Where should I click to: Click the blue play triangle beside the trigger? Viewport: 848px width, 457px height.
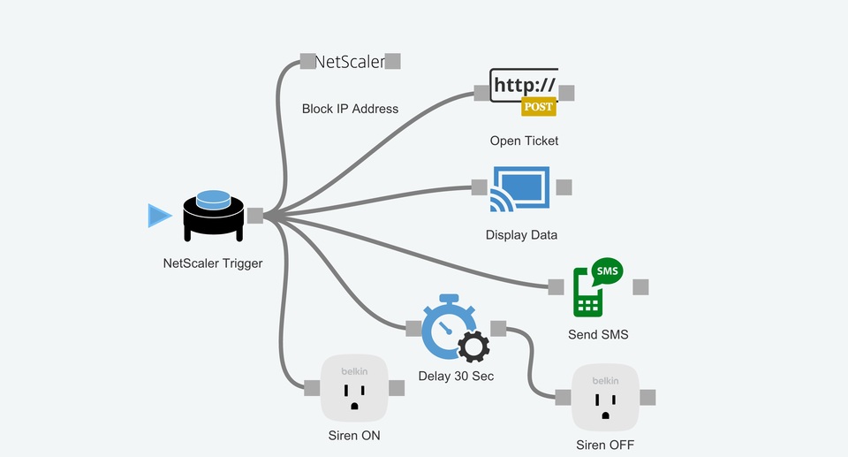[x=159, y=216]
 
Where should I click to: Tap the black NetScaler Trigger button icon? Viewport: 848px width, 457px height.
[x=213, y=215]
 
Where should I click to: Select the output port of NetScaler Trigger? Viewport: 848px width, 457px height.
[x=254, y=215]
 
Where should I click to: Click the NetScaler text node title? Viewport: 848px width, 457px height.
[x=350, y=61]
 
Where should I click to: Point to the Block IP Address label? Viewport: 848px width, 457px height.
[x=350, y=109]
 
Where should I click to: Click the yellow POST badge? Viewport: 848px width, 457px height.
[x=538, y=107]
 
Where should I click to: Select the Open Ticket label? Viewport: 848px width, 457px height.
[x=524, y=141]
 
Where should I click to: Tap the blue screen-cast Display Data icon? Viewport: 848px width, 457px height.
[x=521, y=187]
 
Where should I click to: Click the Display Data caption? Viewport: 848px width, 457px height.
[x=521, y=235]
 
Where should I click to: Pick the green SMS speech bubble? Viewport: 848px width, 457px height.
[x=607, y=270]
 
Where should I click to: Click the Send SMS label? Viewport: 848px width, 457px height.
[x=598, y=335]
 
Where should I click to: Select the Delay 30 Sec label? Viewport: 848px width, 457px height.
[x=456, y=376]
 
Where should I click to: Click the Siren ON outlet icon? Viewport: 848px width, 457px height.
[x=354, y=388]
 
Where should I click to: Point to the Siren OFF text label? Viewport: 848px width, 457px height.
[x=605, y=445]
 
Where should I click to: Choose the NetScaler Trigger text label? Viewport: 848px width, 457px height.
[x=213, y=263]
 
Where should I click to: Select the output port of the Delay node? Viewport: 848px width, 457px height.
[x=498, y=329]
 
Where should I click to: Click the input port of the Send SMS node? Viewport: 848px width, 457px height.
[x=556, y=286]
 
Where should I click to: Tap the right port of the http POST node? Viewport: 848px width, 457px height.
[x=567, y=93]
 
